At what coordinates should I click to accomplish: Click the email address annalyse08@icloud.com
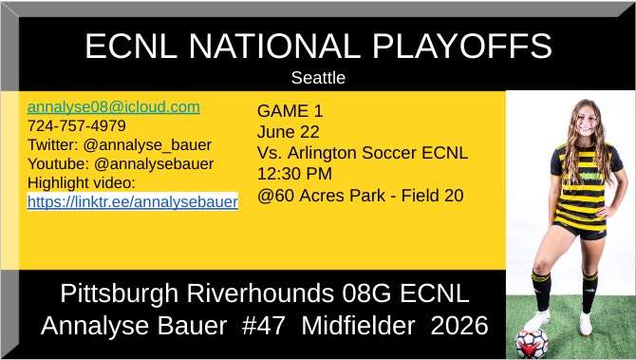tap(113, 107)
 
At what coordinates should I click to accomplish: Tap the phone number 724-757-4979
tap(77, 125)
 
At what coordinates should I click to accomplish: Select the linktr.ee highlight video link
tap(132, 201)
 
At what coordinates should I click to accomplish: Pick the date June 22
tap(289, 132)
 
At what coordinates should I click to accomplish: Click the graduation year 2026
tap(459, 326)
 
